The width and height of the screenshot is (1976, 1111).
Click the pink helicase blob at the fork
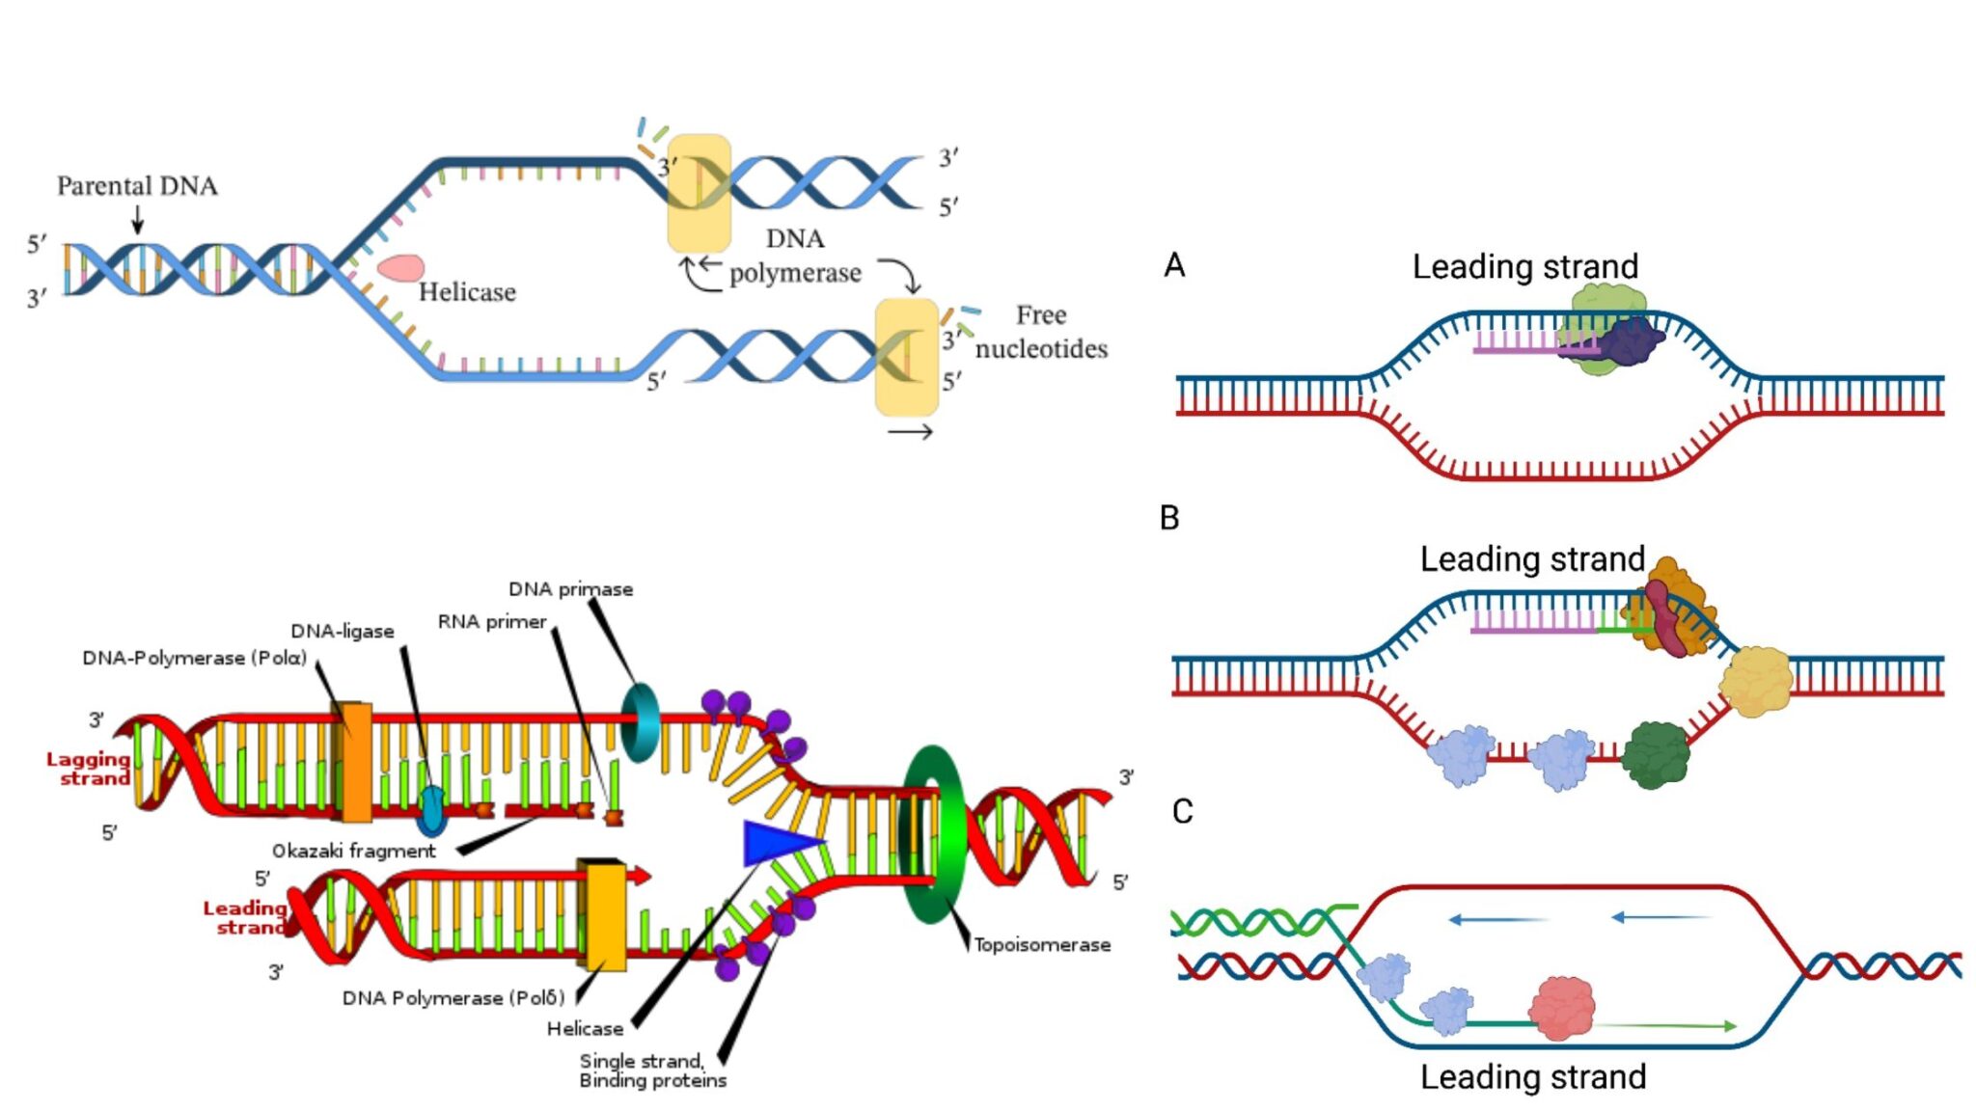tap(400, 268)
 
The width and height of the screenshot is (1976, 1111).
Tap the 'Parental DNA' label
tap(137, 185)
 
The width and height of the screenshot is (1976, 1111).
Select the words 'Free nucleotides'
tap(1041, 332)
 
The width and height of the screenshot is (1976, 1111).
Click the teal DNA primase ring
tap(640, 723)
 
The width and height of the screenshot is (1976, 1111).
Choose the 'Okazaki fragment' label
tap(353, 851)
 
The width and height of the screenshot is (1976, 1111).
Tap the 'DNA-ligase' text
tap(343, 631)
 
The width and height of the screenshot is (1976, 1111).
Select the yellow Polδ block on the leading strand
tap(602, 915)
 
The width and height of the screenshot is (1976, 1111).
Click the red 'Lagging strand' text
tap(89, 769)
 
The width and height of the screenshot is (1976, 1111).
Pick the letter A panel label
tap(1174, 265)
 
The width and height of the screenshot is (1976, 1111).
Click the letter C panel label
tap(1182, 811)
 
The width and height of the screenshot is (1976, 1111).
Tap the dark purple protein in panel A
tap(1633, 341)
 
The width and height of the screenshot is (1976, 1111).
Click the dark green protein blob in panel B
tap(1656, 755)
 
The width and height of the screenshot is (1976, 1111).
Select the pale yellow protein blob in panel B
tap(1756, 681)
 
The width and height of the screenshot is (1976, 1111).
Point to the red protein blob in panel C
tap(1562, 1008)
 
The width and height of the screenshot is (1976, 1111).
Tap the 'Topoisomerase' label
tap(1041, 945)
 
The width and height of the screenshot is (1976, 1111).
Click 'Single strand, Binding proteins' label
tap(652, 1070)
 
